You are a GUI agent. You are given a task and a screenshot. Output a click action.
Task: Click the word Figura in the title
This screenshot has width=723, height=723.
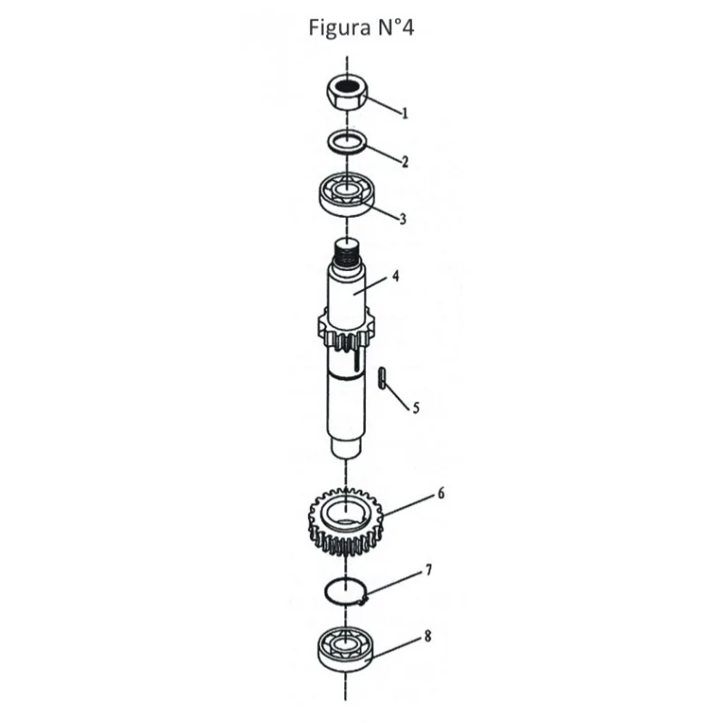[x=340, y=29]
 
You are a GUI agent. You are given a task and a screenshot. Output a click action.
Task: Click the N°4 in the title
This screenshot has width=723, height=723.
[x=396, y=27]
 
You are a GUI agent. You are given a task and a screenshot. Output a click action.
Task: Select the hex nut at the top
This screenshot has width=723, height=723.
[x=347, y=92]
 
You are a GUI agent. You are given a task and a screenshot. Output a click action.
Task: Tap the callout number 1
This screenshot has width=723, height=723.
[x=405, y=113]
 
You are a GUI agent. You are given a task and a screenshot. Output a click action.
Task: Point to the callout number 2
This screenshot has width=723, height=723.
[x=405, y=162]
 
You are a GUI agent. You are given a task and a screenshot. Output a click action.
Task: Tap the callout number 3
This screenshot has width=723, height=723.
[x=403, y=219]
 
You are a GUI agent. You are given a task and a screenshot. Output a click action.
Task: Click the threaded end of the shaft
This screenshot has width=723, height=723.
[x=347, y=253]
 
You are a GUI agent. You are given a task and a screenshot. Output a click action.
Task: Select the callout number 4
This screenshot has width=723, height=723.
[x=395, y=277]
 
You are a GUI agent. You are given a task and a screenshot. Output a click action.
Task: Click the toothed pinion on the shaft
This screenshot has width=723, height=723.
[x=347, y=328]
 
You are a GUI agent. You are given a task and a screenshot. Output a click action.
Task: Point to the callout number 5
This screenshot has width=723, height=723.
[x=416, y=408]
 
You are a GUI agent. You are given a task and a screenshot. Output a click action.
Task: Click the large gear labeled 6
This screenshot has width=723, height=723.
[x=345, y=521]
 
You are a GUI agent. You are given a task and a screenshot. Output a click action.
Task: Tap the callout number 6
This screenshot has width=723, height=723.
[x=441, y=493]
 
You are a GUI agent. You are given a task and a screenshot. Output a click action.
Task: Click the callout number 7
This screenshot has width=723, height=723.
[x=428, y=570]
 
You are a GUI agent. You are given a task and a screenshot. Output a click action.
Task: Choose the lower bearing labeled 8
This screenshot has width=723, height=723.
[x=345, y=649]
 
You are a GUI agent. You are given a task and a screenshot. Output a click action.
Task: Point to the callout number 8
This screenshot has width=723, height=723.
[x=427, y=636]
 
